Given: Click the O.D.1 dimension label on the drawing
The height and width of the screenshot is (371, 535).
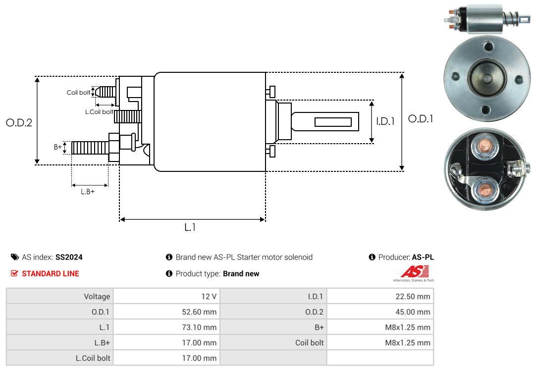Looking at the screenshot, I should click(x=420, y=119).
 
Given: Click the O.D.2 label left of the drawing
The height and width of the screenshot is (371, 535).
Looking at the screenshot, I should click(x=19, y=123).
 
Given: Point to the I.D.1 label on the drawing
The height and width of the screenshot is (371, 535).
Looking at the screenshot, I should click(x=385, y=121).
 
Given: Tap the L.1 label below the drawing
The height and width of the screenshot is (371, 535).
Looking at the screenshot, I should click(x=190, y=227).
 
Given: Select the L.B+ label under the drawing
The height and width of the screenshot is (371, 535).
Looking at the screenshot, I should click(x=88, y=191).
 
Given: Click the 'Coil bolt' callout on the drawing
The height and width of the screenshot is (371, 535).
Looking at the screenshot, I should click(x=78, y=93).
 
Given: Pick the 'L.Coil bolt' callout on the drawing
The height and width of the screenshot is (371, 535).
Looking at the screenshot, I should click(x=99, y=112).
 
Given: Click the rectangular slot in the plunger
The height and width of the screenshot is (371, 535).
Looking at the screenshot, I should click(x=333, y=122).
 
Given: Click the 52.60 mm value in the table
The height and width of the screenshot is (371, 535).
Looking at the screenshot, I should click(x=198, y=312).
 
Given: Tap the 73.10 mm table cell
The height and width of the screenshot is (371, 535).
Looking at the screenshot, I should click(x=198, y=327).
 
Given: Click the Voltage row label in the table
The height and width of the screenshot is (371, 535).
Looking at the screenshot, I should click(x=97, y=297).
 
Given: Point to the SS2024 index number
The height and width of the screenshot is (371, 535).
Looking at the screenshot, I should click(x=69, y=258).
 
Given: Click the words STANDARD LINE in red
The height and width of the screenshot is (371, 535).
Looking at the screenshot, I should click(x=50, y=273).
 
